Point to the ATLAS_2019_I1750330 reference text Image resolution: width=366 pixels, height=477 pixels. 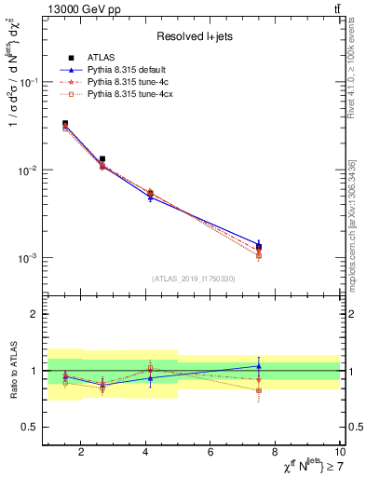tap(192, 279)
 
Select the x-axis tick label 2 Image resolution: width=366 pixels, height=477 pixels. tap(81, 452)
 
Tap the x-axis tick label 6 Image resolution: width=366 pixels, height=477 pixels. tap(210, 452)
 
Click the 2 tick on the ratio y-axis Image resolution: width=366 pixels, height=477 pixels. tap(34, 315)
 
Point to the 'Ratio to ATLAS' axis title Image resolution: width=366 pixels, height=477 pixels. tap(13, 371)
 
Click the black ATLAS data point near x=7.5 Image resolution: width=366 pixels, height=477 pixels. tap(259, 247)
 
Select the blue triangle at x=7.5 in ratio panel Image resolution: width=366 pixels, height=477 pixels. tap(259, 366)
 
